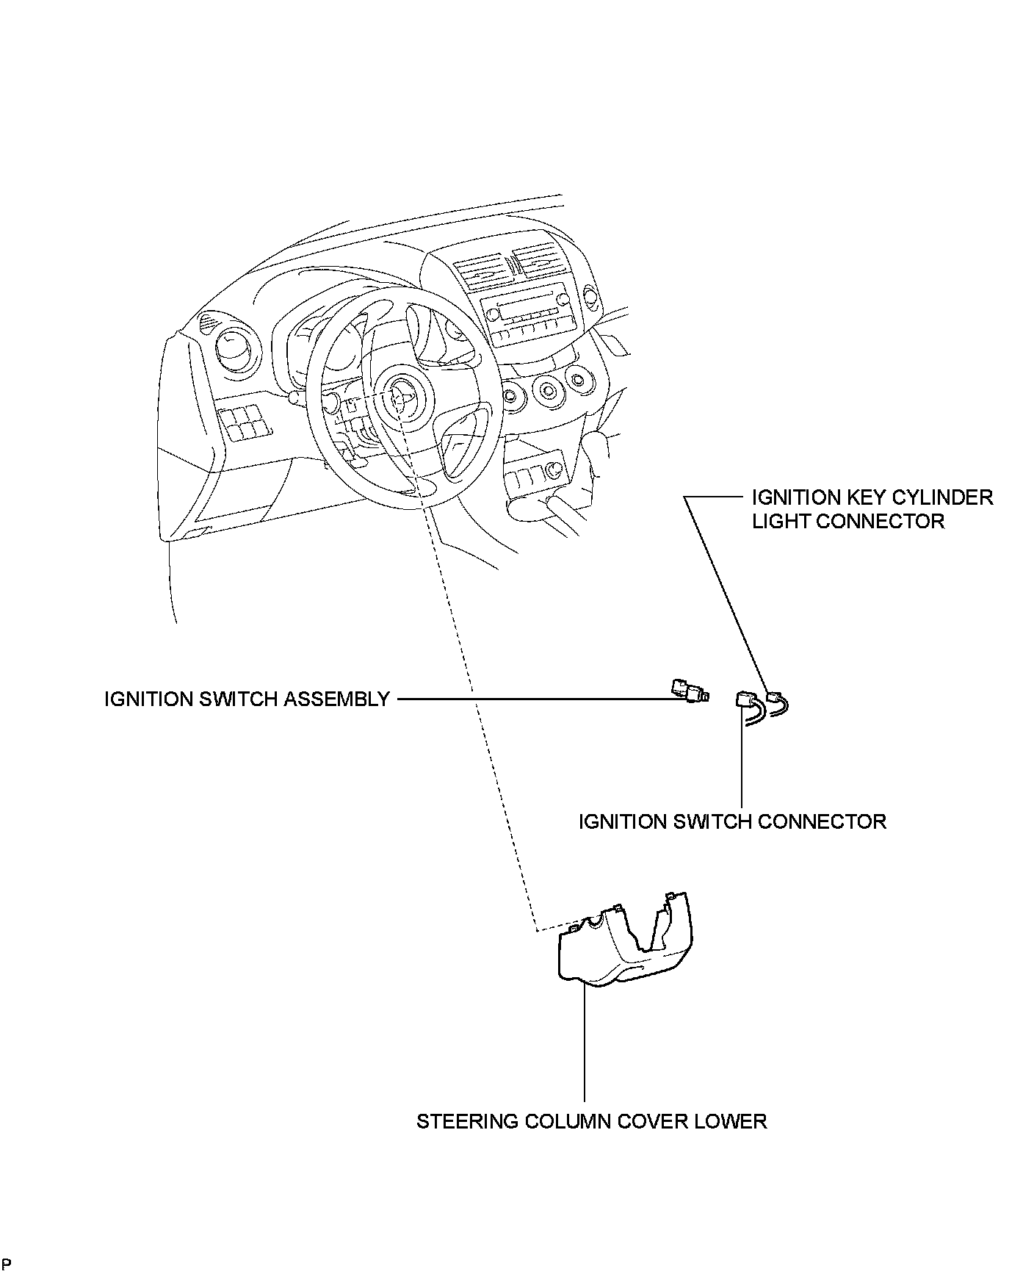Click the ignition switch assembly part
(x=689, y=691)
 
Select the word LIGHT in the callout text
(x=780, y=521)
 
